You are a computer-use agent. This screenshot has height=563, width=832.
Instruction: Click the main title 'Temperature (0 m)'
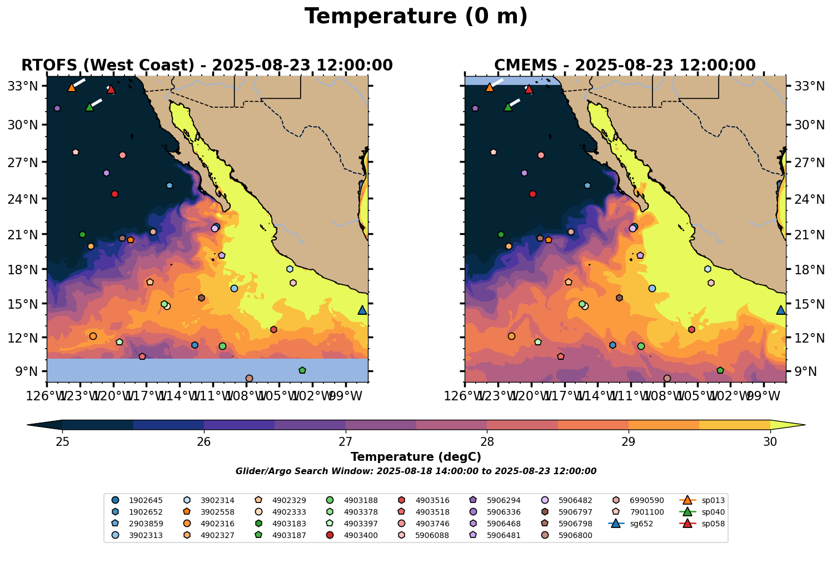coord(416,17)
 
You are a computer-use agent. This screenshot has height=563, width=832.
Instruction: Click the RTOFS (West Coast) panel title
coord(207,66)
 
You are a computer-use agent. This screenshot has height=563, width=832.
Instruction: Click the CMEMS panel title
coord(625,66)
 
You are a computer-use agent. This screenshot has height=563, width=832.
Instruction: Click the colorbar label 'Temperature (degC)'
coord(416,457)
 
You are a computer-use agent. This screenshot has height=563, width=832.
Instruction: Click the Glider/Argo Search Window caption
coord(416,471)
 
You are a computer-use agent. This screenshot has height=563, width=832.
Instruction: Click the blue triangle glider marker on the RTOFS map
coord(362,310)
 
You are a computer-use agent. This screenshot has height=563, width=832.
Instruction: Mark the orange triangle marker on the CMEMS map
coord(490,87)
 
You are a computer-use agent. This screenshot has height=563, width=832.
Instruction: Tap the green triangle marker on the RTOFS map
coord(89,107)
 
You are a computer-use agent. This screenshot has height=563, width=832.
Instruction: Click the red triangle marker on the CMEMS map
coord(529,89)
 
